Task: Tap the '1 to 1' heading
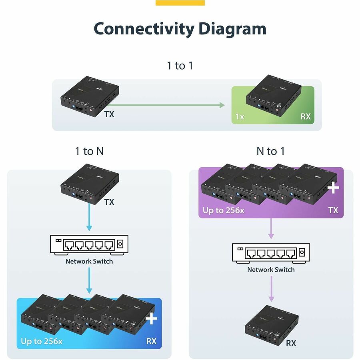(x=180, y=66)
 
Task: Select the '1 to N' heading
(x=89, y=151)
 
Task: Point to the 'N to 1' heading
(x=271, y=151)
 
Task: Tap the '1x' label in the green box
(x=240, y=117)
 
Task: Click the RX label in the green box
(x=306, y=117)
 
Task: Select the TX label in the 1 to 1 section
(x=109, y=114)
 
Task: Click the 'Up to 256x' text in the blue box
(x=42, y=341)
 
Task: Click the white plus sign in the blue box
(x=152, y=319)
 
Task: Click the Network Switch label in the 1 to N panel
(x=89, y=261)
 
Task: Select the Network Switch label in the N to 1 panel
(x=271, y=269)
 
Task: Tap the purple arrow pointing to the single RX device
(x=271, y=289)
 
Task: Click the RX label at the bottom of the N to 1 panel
(x=291, y=343)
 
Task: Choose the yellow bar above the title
(x=180, y=3)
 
